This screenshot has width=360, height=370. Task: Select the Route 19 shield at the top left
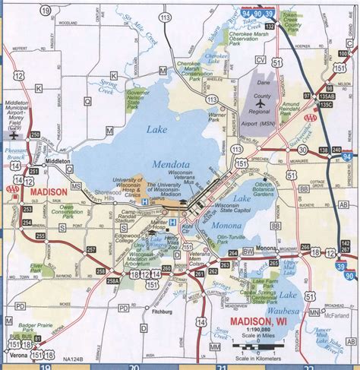coord(48,10)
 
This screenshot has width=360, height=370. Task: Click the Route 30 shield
coord(293,149)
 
